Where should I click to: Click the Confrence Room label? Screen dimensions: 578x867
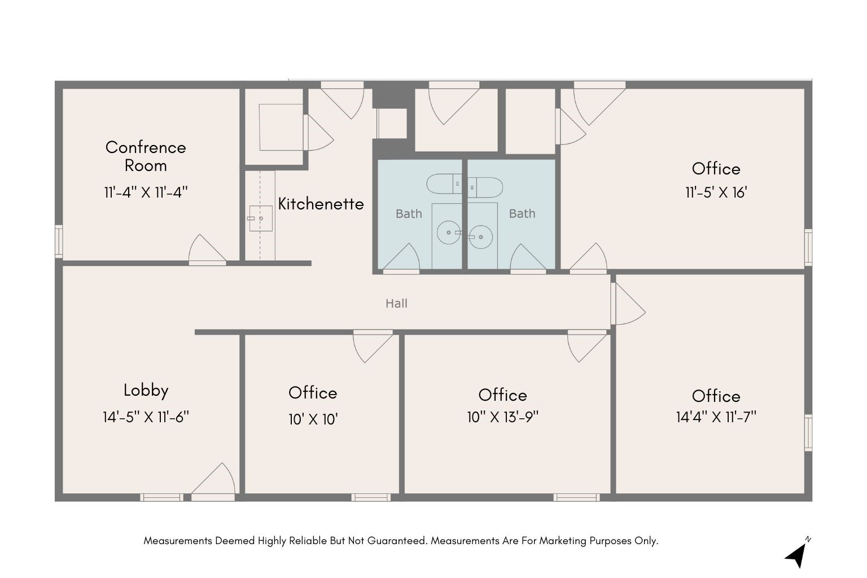coord(146,156)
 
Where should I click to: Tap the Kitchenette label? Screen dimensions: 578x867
coord(321,204)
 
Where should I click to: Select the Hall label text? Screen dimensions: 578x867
coord(396,304)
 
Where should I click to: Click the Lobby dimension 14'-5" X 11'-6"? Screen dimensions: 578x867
coord(146,417)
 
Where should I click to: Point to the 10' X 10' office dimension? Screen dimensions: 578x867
coord(313,419)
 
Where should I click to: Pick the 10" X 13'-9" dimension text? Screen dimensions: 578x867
coord(502,417)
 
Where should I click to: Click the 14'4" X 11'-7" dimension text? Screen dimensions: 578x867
coord(716,417)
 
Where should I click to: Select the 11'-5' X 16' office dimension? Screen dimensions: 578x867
coord(716,192)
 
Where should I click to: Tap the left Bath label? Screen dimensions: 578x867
coord(409,214)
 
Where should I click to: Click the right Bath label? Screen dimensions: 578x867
coord(522,214)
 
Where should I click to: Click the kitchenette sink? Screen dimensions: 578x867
coord(260,218)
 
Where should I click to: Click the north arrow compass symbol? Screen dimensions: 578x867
coord(796,554)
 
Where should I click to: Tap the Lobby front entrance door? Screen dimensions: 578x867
coord(213,483)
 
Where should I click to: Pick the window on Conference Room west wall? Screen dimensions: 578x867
coord(58,242)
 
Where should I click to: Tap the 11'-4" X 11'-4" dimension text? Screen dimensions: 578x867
coord(146,192)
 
